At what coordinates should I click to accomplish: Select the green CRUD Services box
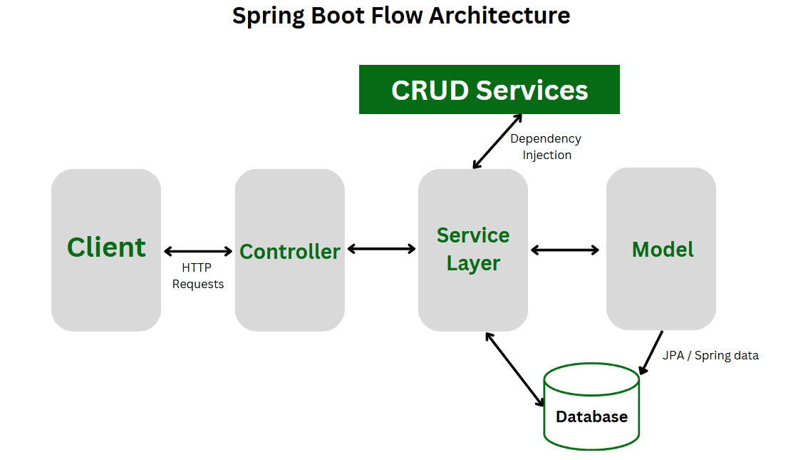[489, 90]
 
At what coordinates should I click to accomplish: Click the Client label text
[106, 247]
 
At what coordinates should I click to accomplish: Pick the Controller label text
[289, 251]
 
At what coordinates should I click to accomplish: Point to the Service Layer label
[473, 249]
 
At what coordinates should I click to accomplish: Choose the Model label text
[663, 249]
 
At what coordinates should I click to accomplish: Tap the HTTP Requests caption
[197, 276]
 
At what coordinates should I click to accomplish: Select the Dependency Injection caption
[546, 146]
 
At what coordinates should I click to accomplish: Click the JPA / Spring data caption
[710, 355]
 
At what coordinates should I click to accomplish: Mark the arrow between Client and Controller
[198, 251]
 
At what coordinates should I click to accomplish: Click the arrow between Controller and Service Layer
[381, 249]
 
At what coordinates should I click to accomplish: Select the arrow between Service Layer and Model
[565, 250]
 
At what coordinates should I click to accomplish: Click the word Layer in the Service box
[473, 263]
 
